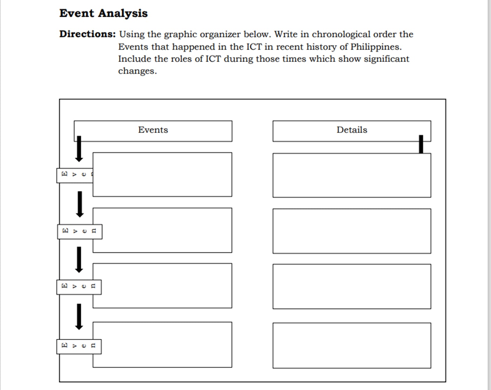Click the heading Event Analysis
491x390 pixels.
click(103, 13)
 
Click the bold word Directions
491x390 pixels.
click(87, 34)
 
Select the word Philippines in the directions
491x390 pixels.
click(376, 47)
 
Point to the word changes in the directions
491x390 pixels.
click(137, 71)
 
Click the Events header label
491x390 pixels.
click(153, 130)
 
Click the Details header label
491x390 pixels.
click(352, 130)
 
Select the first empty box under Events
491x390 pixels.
click(162, 174)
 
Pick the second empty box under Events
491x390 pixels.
click(162, 230)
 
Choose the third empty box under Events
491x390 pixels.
click(162, 285)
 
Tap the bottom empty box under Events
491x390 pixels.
click(162, 345)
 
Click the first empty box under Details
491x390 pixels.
click(352, 175)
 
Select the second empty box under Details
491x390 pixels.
click(352, 231)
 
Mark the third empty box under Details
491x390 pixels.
click(352, 286)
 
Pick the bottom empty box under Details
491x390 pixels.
click(352, 346)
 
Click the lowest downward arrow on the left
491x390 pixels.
click(79, 317)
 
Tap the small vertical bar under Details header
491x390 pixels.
click(421, 144)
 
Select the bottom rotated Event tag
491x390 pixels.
click(79, 346)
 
